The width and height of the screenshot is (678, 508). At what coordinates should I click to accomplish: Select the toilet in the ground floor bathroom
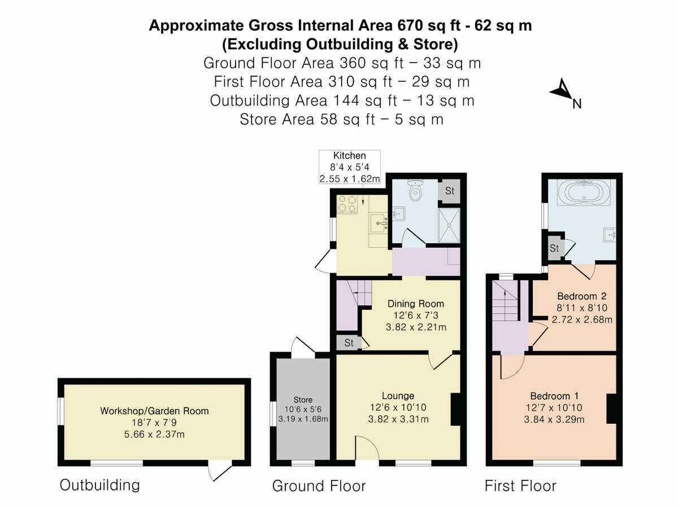point(416,192)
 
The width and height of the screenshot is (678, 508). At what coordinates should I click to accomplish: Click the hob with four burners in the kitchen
point(347,204)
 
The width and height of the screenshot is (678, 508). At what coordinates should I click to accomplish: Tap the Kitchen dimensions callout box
point(349,167)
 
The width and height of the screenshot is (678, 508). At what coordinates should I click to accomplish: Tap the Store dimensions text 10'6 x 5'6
point(302,409)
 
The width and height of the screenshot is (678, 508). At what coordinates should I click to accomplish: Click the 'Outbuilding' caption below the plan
point(99,485)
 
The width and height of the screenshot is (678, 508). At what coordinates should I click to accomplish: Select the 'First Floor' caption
point(520,486)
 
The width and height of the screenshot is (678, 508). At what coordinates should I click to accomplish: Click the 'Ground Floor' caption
point(319,486)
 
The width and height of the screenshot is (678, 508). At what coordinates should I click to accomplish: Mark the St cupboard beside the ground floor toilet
point(449,191)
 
